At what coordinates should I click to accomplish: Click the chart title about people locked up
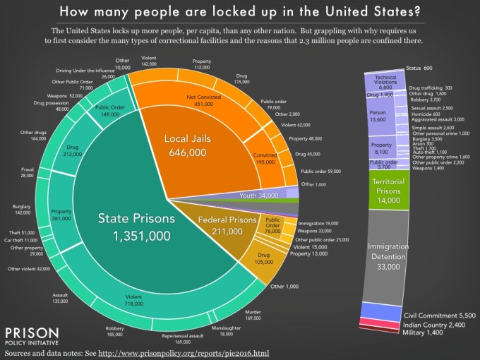[x=240, y=11]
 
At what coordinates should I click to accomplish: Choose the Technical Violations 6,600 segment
[x=385, y=82]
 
